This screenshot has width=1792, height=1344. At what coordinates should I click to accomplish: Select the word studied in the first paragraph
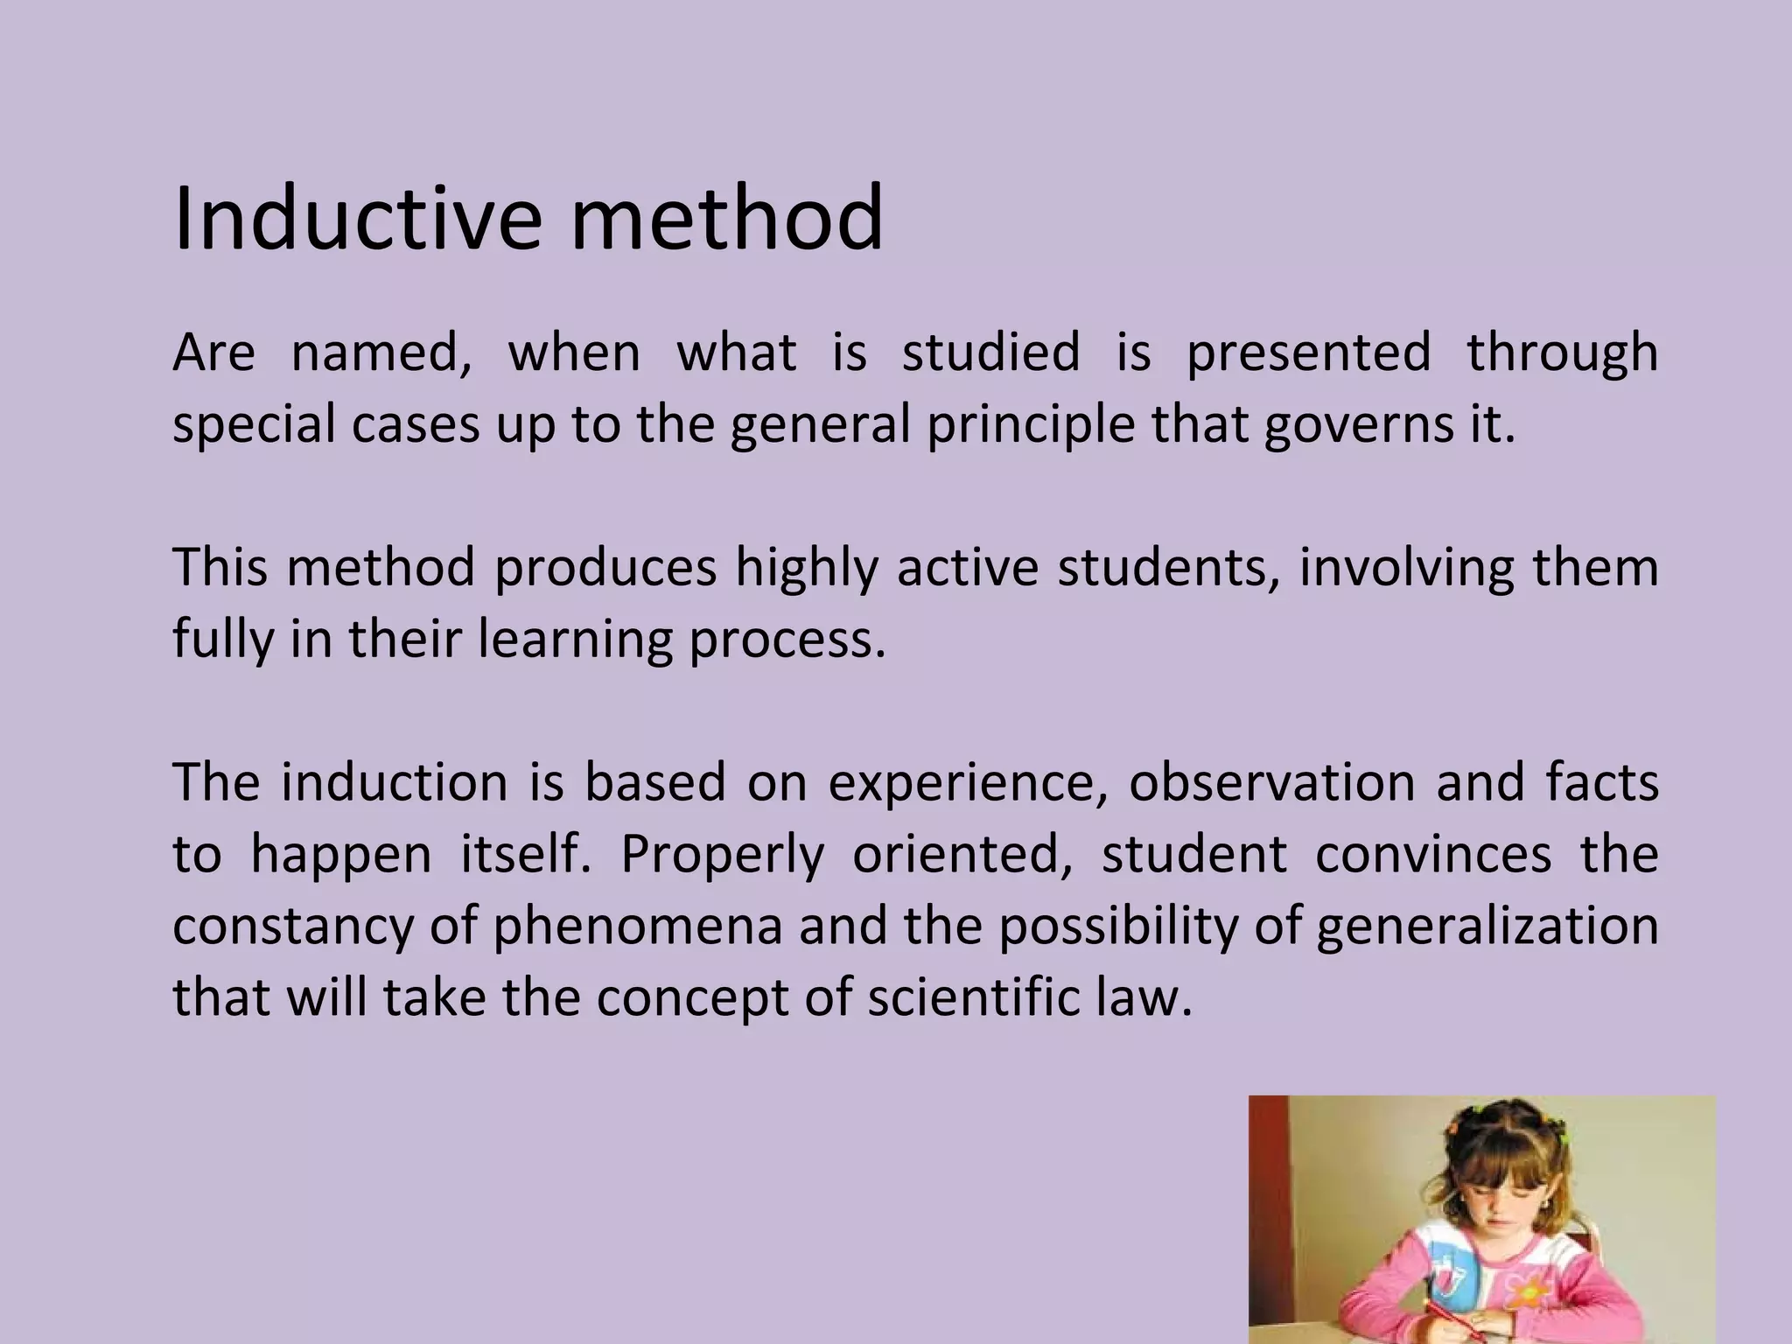pos(990,352)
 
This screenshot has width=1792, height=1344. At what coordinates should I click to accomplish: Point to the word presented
pos(1308,352)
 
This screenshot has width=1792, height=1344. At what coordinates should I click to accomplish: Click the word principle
pos(1030,425)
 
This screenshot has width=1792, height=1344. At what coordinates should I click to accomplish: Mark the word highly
pos(806,569)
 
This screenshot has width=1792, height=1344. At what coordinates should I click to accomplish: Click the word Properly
pos(722,855)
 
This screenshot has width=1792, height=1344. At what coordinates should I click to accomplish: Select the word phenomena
pos(638,927)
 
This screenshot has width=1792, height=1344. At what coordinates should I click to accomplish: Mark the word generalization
pos(1487,927)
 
